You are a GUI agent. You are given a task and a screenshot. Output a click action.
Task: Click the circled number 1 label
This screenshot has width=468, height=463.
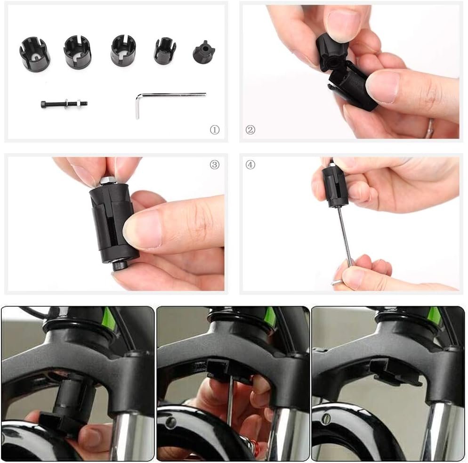coord(215,130)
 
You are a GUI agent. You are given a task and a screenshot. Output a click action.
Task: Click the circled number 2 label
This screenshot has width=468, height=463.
coord(250,130)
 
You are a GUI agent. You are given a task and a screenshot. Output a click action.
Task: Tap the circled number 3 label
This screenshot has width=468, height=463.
coord(215,164)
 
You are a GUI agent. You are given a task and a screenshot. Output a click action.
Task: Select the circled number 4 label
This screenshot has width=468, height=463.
coord(250,164)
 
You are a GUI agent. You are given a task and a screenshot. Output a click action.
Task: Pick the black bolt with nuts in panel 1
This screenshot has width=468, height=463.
coord(64,104)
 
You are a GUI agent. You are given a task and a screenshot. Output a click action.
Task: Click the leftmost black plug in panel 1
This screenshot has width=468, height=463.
coord(35,52)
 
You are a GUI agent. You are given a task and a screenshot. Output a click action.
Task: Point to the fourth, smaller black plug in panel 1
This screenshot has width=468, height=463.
coord(165,50)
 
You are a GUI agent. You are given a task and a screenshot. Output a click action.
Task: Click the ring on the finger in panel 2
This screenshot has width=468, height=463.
coord(431,126)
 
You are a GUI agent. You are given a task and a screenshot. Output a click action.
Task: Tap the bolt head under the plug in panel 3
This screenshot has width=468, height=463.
coord(119,266)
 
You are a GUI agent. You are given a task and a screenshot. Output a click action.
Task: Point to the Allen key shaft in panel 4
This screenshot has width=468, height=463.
coord(345,236)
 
